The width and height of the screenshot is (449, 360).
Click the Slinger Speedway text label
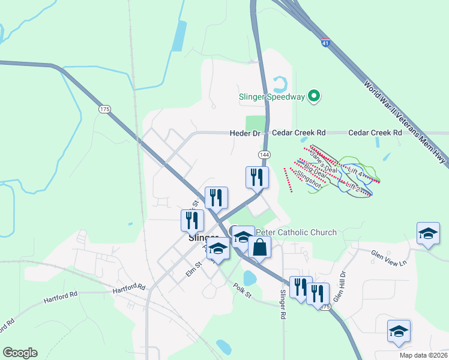pyautogui.click(x=271, y=96)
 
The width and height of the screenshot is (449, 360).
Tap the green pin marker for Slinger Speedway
pyautogui.click(x=313, y=96)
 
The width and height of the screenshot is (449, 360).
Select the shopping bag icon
pyautogui.click(x=259, y=247)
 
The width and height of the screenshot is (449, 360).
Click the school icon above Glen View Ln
pyautogui.click(x=429, y=233)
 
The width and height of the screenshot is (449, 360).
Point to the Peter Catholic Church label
pyautogui.click(x=296, y=233)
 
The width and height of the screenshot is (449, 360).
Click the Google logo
pyautogui.click(x=20, y=353)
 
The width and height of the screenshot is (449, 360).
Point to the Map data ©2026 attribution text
pyautogui.click(x=423, y=355)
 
